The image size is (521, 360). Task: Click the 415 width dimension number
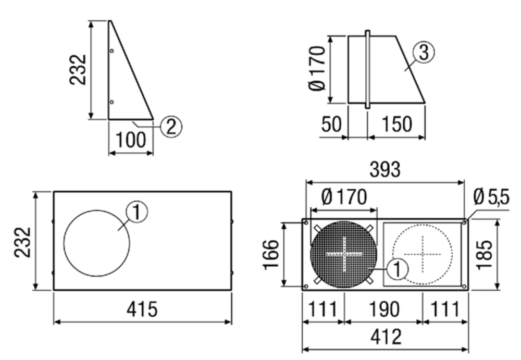pos(142,309)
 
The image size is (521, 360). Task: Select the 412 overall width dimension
pos(386,337)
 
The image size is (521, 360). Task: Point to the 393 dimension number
pos(385,169)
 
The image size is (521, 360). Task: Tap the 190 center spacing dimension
pos(384,309)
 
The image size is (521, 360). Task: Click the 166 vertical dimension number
pos(271,254)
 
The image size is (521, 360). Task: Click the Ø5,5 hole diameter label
pos(491,197)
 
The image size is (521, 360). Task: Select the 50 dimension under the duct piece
pos(331,124)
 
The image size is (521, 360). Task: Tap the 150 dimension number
pos(396,124)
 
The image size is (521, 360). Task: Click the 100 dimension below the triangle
pos(131,140)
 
